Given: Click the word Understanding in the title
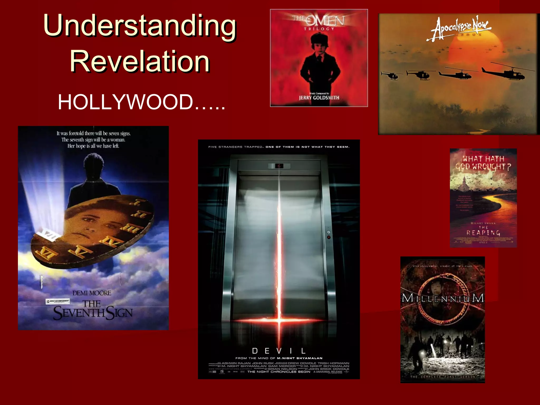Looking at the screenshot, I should [x=140, y=26].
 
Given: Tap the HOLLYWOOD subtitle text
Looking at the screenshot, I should [x=141, y=102].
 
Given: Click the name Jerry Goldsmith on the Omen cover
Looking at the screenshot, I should [x=319, y=98].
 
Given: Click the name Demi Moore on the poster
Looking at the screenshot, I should [x=92, y=293].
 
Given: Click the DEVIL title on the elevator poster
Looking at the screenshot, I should [x=279, y=351].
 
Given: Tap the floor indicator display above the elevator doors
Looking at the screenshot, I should [x=279, y=166].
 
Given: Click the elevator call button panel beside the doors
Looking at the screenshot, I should [x=329, y=235].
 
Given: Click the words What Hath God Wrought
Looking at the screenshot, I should [x=483, y=163].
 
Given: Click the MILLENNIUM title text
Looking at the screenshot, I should [x=443, y=298].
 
